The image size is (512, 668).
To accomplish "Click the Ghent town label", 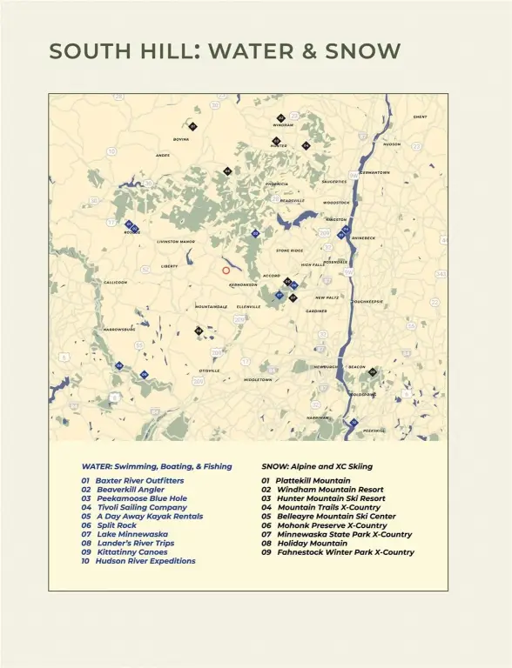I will tap(420, 117).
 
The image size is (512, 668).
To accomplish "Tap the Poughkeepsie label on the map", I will tap(367, 302).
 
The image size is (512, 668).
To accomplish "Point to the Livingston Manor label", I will tap(176, 242).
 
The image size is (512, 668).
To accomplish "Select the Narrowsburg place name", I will tap(119, 330).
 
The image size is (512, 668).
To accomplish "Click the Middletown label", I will tap(258, 380).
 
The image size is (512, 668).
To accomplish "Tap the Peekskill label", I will tap(374, 431).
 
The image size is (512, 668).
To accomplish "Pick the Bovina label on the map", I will tap(181, 139).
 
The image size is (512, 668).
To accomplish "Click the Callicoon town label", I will tap(115, 283).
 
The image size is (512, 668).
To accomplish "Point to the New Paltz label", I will tap(327, 297).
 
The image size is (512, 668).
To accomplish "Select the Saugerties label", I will tap(334, 182).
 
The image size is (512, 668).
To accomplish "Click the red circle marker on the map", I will tap(226, 271).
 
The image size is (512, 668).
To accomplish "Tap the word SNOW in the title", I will tap(359, 51).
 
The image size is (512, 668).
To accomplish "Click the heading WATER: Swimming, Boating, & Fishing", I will tap(157, 466).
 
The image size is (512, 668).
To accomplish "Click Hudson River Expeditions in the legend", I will tap(138, 561).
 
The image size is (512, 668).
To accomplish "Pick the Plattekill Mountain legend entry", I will tap(306, 480).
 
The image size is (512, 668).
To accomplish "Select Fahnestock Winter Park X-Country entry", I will tap(338, 552).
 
